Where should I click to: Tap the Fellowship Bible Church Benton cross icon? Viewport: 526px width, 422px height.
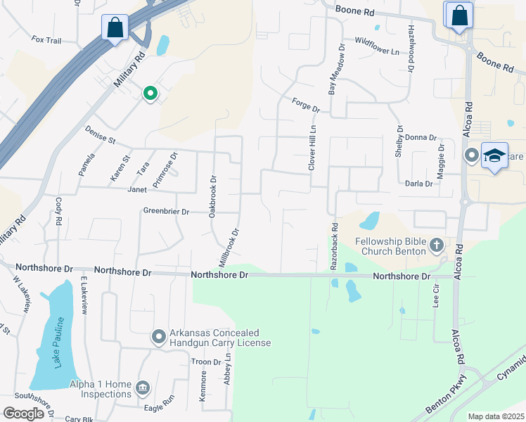tap(436, 245)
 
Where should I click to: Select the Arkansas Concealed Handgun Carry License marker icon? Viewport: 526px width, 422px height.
tap(159, 338)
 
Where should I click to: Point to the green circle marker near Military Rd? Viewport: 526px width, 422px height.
tap(149, 93)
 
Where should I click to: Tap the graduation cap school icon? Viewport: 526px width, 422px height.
tap(494, 155)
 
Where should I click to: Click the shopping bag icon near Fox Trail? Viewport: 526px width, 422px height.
tap(115, 28)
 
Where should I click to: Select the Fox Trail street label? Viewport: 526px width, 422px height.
tap(47, 40)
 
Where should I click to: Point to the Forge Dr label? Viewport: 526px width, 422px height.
tap(305, 105)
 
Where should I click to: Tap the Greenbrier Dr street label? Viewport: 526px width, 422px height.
tap(167, 211)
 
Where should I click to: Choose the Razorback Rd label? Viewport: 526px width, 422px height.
tap(335, 247)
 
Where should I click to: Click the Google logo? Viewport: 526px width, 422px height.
tap(23, 413)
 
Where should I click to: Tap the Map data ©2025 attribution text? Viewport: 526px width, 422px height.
tap(496, 416)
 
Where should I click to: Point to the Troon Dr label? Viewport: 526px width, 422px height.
tap(206, 362)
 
